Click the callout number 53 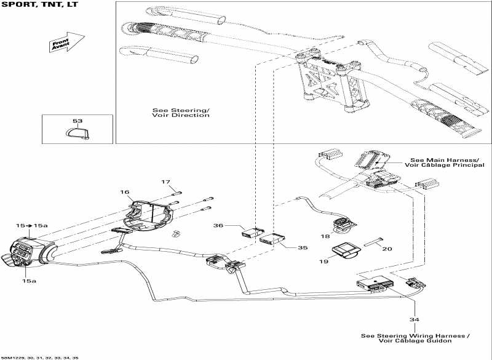point(77,121)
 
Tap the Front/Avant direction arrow point(67,42)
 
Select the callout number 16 point(125,192)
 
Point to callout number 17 point(165,182)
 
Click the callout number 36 point(218,225)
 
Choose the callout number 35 point(303,247)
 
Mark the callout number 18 point(325,236)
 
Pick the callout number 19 point(323,261)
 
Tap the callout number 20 point(387,249)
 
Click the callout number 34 point(414,319)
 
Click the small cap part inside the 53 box point(77,133)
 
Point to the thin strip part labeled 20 point(373,242)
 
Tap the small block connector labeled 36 point(253,233)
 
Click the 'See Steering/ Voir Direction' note point(181,113)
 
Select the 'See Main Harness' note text point(445,162)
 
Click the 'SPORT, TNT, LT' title point(39,4)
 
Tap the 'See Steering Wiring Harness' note point(415,338)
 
